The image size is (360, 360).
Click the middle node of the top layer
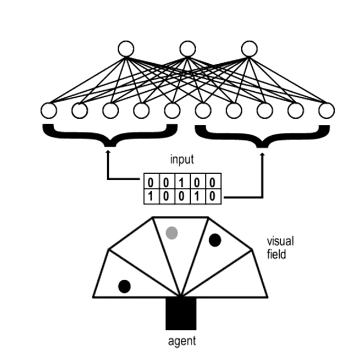187,49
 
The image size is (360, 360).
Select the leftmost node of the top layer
126,49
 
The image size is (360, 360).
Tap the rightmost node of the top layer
249,49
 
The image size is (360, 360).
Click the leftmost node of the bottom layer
49,110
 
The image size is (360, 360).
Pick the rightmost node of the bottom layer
326,110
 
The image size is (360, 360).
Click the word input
181,161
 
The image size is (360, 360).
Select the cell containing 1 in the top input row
182,181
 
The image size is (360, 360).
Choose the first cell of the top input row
152,181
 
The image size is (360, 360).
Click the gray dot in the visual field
173,232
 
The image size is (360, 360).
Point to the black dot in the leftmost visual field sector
125,286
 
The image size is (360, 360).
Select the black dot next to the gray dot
215,240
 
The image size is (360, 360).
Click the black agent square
181,313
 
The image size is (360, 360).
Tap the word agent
181,341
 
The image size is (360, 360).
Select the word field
276,254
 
